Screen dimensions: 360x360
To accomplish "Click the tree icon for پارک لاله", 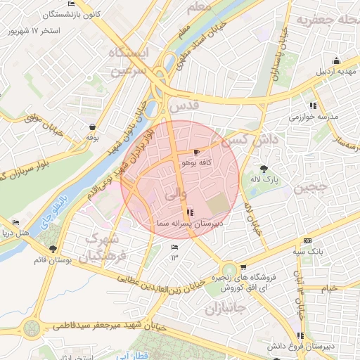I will coord(264,169).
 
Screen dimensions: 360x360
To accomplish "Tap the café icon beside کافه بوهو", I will coord(195,152).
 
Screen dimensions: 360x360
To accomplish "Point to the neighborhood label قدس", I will coord(184,106).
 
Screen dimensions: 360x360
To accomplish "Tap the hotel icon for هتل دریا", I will coord(16,222).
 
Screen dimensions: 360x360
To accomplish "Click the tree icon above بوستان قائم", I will coord(53,249).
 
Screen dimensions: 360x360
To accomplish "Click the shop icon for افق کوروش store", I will coord(243,266).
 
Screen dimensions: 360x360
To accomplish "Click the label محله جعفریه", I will coord(326,20).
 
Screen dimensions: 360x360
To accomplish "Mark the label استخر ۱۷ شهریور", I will coord(33,32).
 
